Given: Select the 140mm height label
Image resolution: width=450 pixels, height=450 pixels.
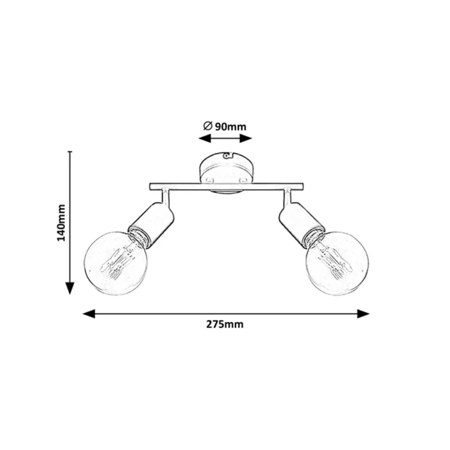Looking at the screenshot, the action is (62, 223).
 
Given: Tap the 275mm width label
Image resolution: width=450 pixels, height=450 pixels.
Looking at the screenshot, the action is (225, 324).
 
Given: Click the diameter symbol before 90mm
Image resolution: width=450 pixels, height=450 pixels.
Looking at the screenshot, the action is (208, 126).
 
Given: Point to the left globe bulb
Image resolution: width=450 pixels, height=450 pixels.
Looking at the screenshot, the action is (116, 264).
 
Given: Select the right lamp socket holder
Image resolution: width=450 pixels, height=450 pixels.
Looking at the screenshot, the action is (300, 222).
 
